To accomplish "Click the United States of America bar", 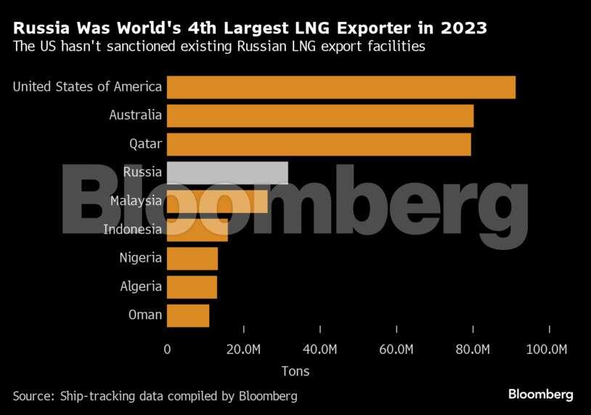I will [341, 87].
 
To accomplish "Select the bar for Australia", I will [320, 116].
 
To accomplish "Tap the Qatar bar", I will [319, 144].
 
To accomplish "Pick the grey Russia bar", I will [227, 172].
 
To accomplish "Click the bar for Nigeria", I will [192, 258].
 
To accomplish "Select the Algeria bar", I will [192, 286].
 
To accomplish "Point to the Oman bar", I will [188, 315].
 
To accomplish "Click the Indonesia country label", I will [132, 230].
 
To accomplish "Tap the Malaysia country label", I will [136, 201].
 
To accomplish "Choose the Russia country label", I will [142, 172].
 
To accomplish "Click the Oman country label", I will [145, 315].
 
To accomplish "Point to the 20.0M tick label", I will [243, 350].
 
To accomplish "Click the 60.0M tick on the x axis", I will [396, 350].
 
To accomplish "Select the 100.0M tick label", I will [546, 350].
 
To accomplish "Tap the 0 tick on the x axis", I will [168, 350].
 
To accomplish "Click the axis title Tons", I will [295, 371].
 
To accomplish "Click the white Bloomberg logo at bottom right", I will [540, 395].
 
